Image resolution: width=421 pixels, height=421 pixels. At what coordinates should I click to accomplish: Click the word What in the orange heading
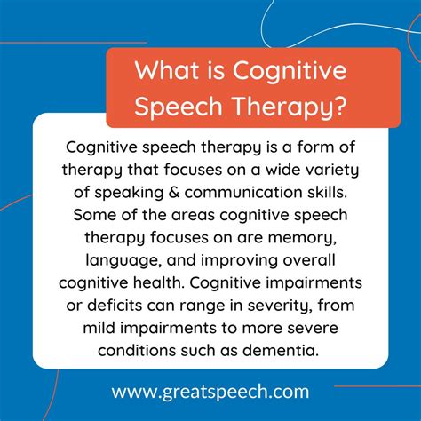(x=167, y=70)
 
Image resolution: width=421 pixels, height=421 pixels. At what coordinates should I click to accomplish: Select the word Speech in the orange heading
(x=179, y=107)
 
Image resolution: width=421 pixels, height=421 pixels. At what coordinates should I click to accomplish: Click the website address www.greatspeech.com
(x=210, y=392)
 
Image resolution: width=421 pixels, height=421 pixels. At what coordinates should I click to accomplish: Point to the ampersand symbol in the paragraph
(x=174, y=192)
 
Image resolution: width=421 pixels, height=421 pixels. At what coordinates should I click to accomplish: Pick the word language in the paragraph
(x=123, y=261)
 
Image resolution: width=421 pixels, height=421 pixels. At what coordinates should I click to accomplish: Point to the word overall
(x=309, y=260)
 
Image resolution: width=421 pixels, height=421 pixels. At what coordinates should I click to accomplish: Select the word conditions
(x=137, y=350)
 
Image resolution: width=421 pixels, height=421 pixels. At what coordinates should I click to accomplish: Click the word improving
(x=239, y=261)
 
